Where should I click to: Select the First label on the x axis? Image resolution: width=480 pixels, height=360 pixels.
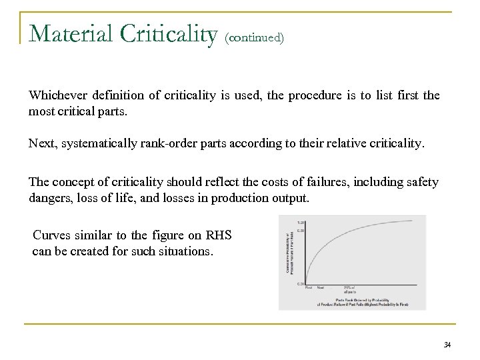click(x=309, y=287)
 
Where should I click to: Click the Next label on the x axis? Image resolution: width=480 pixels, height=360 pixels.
click(x=321, y=287)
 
